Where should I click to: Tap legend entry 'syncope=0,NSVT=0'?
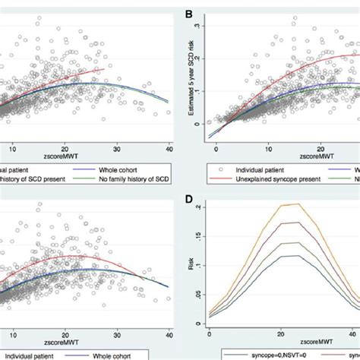[x=268, y=355]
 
